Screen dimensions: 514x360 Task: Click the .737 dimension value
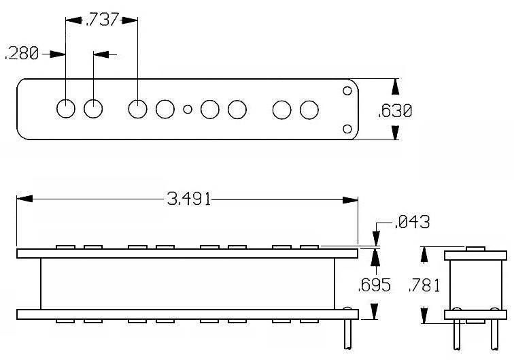tap(101, 20)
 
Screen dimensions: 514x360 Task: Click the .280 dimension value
tap(22, 54)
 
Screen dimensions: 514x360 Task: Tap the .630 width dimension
tap(394, 111)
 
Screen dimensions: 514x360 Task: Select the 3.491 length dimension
tap(188, 199)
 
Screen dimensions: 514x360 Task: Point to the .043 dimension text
tap(412, 222)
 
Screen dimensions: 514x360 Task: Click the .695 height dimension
tap(375, 285)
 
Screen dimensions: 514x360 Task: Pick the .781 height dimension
tap(424, 285)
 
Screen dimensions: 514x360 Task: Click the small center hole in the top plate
tap(188, 109)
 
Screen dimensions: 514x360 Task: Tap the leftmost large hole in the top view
tap(66, 108)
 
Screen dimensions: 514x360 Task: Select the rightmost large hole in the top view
tap(309, 110)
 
